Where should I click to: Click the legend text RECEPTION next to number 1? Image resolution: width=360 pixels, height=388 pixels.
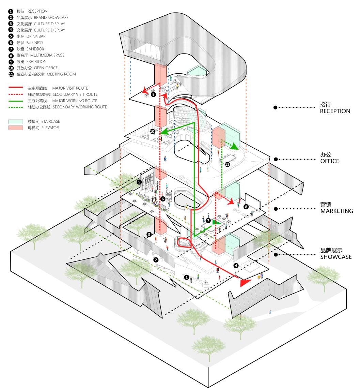37,11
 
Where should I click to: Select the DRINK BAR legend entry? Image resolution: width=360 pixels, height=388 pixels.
36,36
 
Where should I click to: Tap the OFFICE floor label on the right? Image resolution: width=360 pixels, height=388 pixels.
329,161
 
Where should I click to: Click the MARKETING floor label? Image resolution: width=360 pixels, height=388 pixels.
336,211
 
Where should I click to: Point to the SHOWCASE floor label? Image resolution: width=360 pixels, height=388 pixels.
335,257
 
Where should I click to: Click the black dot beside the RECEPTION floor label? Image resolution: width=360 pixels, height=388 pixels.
275,107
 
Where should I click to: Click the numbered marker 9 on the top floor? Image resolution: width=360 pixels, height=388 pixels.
154,94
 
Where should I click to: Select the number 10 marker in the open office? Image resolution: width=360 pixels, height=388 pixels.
153,131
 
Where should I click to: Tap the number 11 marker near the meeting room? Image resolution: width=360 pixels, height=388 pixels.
228,164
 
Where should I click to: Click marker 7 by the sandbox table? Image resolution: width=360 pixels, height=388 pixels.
208,221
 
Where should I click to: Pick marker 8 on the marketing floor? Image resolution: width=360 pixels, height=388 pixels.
246,207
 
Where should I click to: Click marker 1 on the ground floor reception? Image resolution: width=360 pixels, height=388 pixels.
186,277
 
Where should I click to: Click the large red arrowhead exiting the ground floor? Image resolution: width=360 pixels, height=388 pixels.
244,282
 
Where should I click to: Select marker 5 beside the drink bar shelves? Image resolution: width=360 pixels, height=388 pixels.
139,182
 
